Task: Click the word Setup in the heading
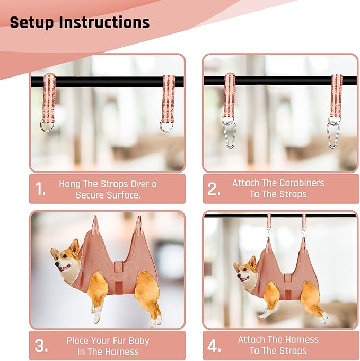[x=32, y=23]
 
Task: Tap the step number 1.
[x=41, y=190]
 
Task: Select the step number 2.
[x=214, y=190]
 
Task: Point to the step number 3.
[x=41, y=346]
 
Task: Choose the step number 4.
[x=214, y=346]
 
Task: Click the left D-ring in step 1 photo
[x=48, y=126]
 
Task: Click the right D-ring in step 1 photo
[x=167, y=126]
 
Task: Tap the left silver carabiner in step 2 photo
[x=229, y=135]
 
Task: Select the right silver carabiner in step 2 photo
[x=334, y=135]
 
